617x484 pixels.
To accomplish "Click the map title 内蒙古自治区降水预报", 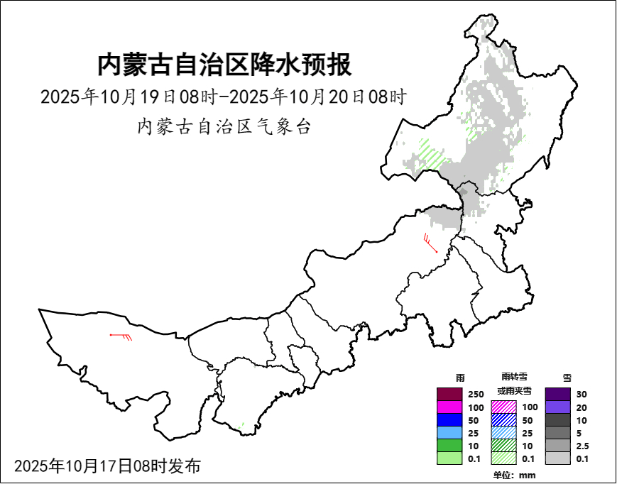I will point(224,65).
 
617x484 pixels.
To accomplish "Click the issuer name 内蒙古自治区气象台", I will point(224,128).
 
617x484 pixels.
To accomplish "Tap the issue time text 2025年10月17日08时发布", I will point(107,466).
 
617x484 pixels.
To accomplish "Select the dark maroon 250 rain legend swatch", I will point(450,394).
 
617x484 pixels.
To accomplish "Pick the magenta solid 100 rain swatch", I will point(450,407).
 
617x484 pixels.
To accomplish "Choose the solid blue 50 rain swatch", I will point(450,420).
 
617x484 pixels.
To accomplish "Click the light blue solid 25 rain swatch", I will point(450,433).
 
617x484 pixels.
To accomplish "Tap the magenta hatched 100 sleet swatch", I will point(504,407).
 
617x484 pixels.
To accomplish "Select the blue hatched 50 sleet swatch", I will point(504,420).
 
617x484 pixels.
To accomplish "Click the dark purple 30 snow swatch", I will point(558,394).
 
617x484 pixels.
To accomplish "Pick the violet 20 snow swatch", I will point(558,407).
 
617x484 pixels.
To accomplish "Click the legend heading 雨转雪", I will point(513,376).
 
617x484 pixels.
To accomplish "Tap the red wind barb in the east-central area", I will point(429,243).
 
